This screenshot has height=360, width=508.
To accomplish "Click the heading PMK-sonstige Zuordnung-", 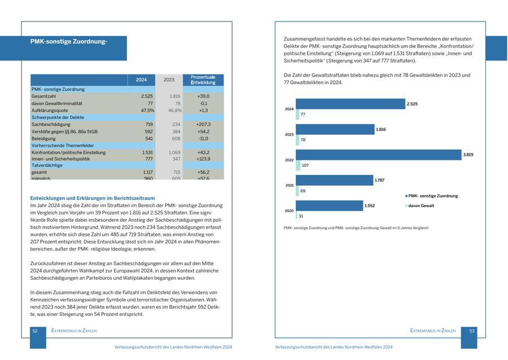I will pyautogui.click(x=69, y=41).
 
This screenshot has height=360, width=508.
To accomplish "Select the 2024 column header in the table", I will pyautogui.click(x=141, y=80).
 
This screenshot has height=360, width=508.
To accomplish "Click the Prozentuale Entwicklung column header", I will pyautogui.click(x=203, y=80).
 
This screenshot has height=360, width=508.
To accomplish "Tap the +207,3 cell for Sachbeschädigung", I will pyautogui.click(x=203, y=124).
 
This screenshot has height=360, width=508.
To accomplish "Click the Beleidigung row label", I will pyautogui.click(x=43, y=138).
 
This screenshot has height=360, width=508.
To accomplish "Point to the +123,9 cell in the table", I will pyautogui.click(x=203, y=159).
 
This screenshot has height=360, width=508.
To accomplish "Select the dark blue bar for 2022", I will pyautogui.click(x=378, y=155).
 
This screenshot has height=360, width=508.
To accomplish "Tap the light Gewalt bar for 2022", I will pyautogui.click(x=298, y=165).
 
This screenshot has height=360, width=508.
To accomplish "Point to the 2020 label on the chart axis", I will pyautogui.click(x=289, y=210).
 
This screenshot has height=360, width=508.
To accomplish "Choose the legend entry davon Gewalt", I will pyautogui.click(x=421, y=206).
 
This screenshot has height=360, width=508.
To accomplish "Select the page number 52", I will pyautogui.click(x=35, y=331).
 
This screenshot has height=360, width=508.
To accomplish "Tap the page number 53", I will pyautogui.click(x=472, y=331).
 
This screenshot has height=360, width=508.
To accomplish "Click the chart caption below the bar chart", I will pyautogui.click(x=356, y=228).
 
